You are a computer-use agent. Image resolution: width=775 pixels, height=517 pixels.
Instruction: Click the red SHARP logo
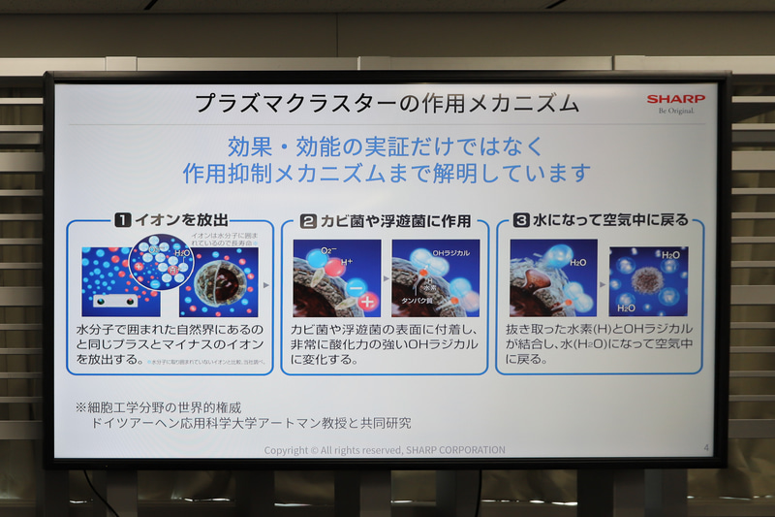point(676,99)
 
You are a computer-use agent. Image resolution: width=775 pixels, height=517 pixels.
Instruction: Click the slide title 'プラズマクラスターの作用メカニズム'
point(387,103)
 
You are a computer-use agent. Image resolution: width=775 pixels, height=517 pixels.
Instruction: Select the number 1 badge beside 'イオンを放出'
point(123,220)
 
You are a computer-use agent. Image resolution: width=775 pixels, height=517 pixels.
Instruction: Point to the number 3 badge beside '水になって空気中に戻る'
point(523,220)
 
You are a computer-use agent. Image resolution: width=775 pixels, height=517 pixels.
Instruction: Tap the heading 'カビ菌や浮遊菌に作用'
point(396,220)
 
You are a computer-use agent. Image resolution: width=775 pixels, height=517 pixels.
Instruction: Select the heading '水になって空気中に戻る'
point(610,220)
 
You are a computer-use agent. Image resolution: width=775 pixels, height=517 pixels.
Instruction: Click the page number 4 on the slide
point(705,447)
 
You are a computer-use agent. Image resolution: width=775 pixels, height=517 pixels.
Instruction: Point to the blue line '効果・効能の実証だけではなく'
point(387,147)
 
